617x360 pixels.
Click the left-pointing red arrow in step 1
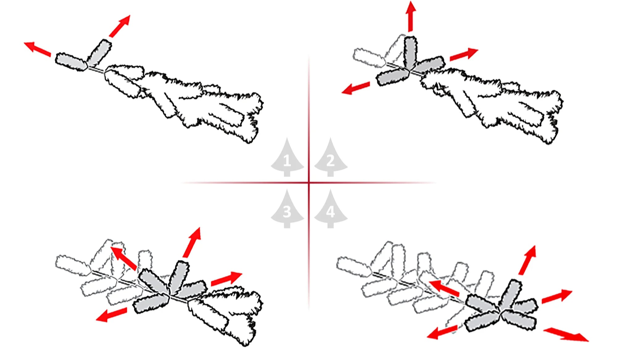(x=38, y=49)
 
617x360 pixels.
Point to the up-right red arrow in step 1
(x=120, y=26)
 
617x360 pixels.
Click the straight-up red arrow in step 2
(x=411, y=16)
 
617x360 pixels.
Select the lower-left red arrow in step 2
(x=356, y=88)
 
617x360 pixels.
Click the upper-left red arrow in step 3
(x=123, y=258)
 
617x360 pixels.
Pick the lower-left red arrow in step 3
(x=111, y=315)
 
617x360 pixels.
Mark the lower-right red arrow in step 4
(x=566, y=335)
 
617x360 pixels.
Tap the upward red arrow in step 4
(x=528, y=260)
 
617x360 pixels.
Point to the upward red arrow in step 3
(x=192, y=242)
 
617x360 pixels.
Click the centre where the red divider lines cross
(x=309, y=183)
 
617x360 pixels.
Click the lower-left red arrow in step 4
(x=442, y=332)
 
